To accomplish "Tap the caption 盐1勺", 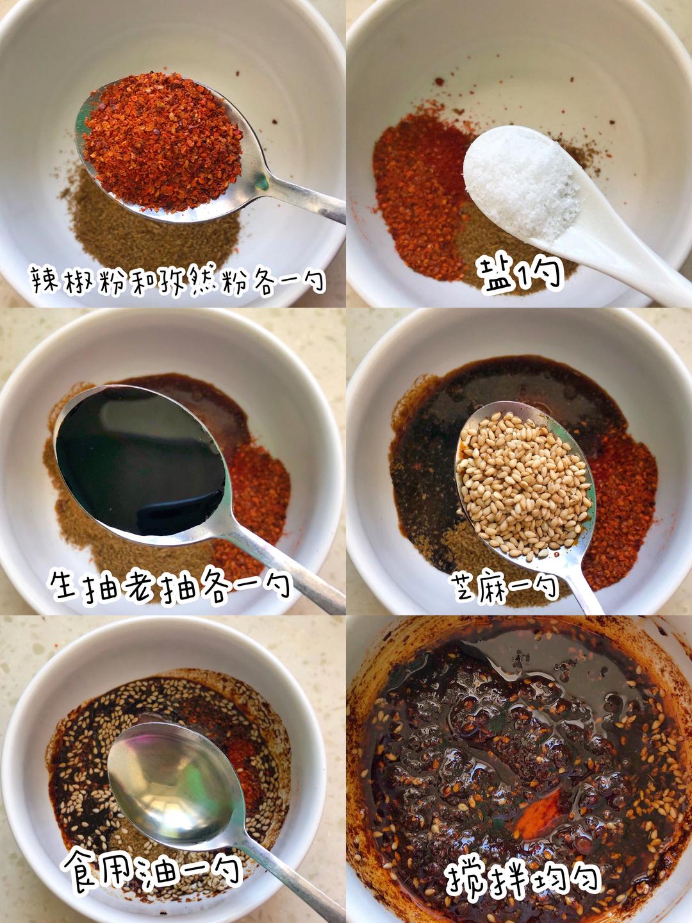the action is point(520,274).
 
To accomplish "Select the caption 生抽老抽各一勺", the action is point(170,585).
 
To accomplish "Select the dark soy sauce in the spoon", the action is point(141,460).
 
